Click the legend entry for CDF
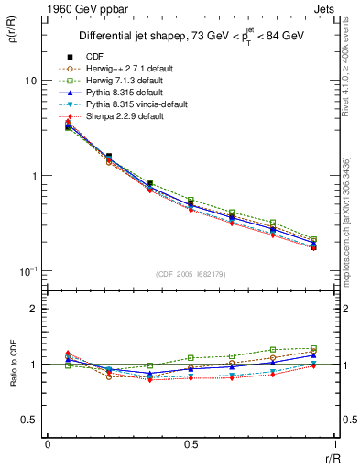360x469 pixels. click(x=93, y=57)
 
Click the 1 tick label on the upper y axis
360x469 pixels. click(x=32, y=176)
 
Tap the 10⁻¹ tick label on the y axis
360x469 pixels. click(x=27, y=271)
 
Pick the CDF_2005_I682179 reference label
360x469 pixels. click(x=191, y=275)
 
